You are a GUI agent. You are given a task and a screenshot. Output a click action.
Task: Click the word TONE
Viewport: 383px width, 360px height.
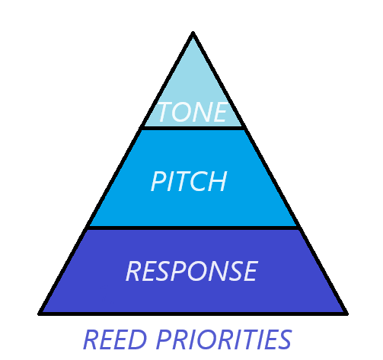pos(193,112)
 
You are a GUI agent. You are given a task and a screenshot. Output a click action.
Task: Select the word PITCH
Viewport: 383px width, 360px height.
pos(189,181)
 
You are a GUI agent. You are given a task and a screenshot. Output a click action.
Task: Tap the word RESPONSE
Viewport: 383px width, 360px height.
pos(192,271)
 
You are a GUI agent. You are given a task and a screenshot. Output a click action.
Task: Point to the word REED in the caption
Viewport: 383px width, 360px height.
pos(115,339)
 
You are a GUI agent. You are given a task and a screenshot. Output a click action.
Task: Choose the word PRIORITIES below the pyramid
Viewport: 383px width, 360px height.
pos(224,339)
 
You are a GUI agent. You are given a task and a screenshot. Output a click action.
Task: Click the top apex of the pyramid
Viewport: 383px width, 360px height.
pos(193,33)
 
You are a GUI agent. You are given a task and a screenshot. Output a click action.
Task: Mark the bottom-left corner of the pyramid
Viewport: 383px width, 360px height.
pos(40,314)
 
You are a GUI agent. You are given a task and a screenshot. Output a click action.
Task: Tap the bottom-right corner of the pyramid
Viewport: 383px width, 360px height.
pos(346,314)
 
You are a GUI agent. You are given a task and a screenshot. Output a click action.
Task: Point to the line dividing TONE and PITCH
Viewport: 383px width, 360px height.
pos(193,128)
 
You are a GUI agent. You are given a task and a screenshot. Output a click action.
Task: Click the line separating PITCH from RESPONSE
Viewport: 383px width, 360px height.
pos(193,228)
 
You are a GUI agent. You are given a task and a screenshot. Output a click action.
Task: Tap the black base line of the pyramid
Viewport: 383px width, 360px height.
pos(193,314)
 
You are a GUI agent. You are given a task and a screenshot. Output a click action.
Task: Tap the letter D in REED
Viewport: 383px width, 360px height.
pos(138,339)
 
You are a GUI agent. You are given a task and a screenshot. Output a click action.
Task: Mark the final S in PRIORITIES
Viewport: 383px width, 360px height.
pos(284,339)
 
